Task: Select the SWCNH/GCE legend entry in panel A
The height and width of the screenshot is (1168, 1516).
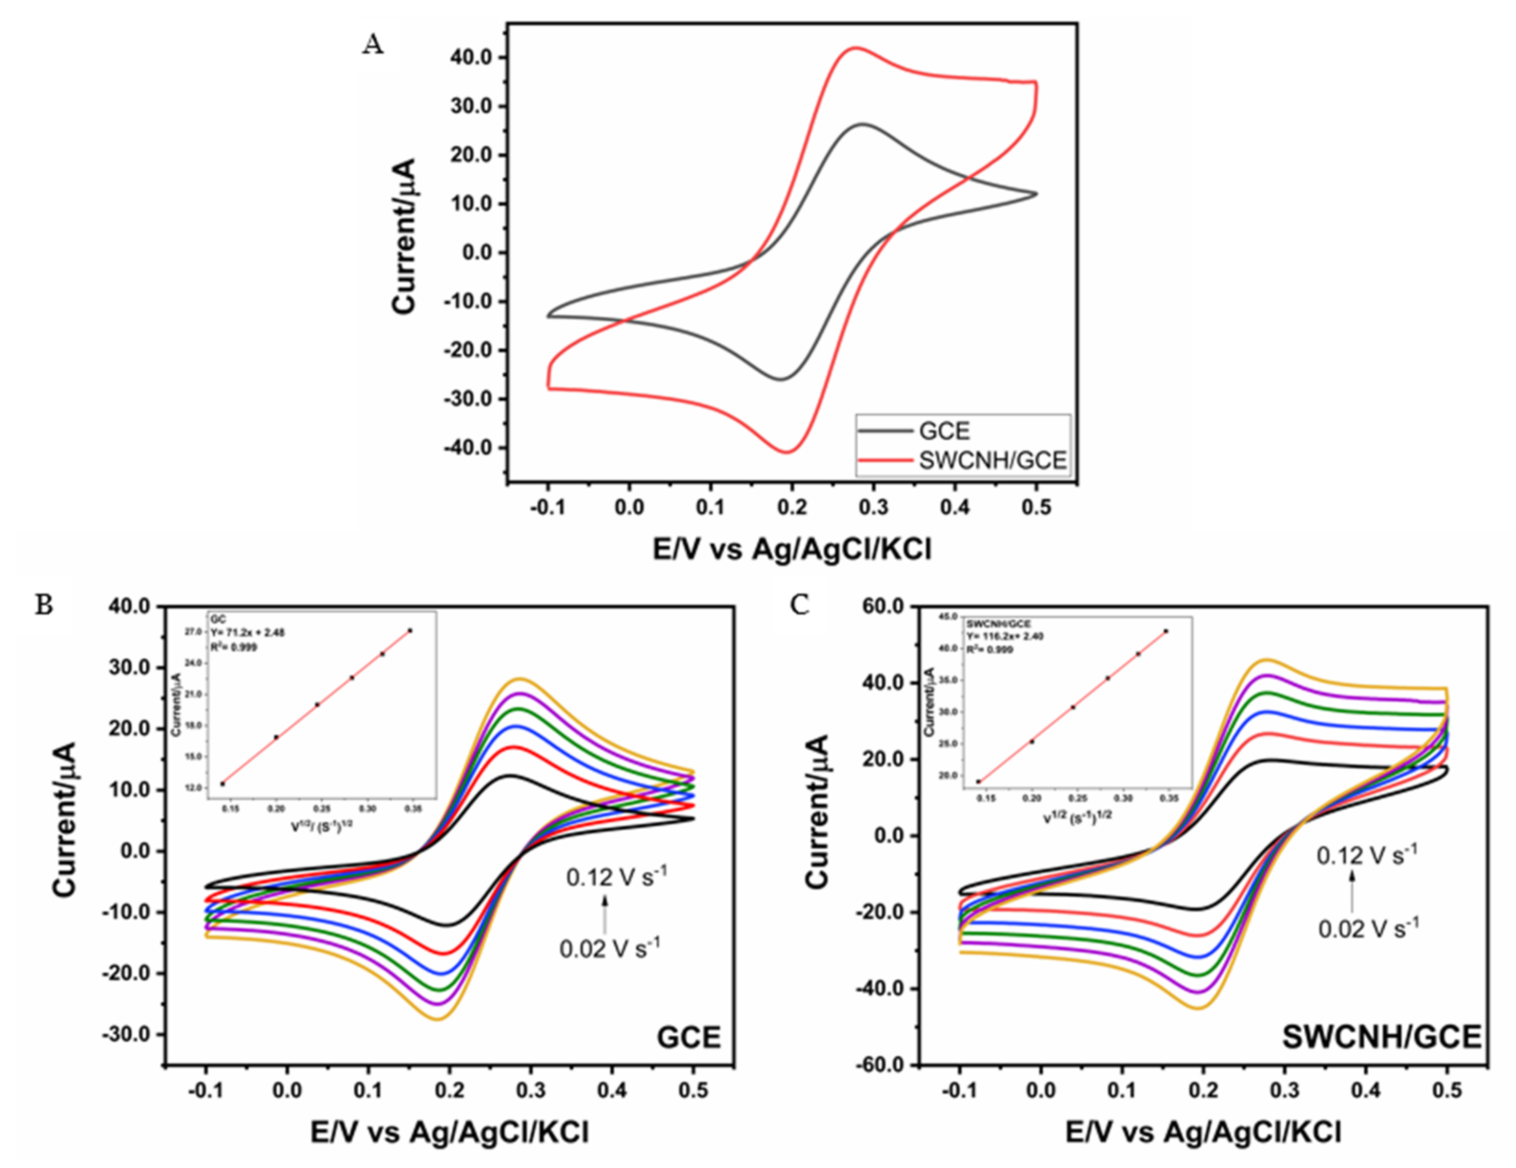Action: click(992, 460)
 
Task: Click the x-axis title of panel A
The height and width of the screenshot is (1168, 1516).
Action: click(791, 549)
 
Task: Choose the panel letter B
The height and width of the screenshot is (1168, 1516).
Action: click(44, 605)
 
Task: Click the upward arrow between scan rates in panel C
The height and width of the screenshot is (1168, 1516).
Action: click(1352, 892)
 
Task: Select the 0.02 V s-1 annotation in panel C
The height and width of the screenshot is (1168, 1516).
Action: click(1368, 928)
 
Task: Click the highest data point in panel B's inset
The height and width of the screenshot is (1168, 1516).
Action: click(410, 631)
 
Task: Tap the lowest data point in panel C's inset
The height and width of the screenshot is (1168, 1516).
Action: click(978, 782)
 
